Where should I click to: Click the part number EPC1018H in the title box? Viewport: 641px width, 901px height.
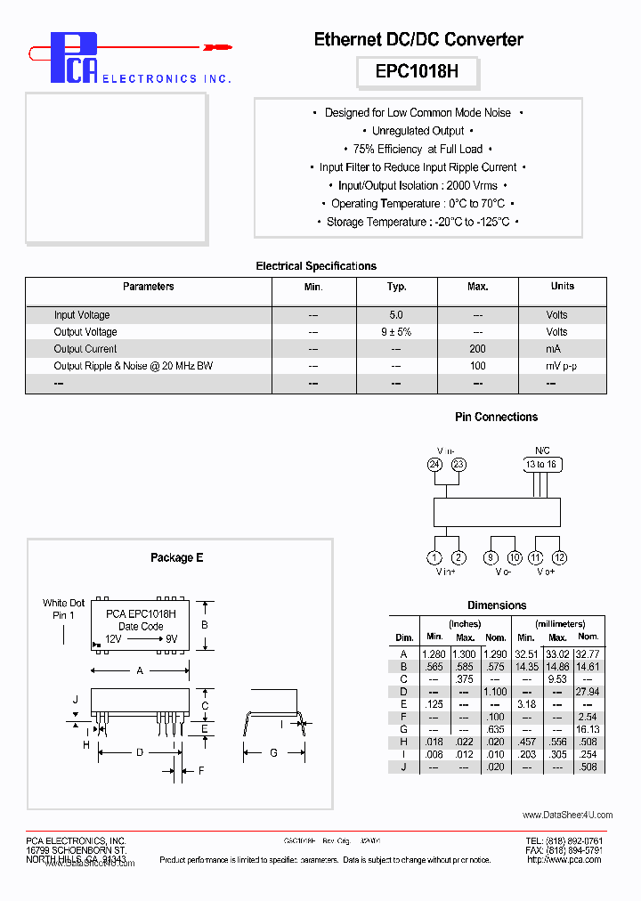click(417, 72)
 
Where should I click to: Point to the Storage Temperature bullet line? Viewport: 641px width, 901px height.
click(418, 223)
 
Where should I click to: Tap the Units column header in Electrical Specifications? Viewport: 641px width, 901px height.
click(562, 287)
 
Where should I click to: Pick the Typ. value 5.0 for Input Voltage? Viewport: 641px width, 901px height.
click(396, 315)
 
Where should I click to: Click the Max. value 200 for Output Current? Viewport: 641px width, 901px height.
click(478, 349)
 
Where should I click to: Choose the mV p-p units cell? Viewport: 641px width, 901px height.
click(562, 366)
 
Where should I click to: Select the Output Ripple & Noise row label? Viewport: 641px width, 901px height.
click(134, 366)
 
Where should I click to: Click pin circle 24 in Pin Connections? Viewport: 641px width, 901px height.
click(434, 464)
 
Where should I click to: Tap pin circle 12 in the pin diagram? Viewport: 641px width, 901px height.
click(559, 558)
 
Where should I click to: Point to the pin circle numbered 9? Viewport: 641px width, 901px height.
click(491, 558)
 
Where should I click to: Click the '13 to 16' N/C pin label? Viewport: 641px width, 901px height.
click(542, 464)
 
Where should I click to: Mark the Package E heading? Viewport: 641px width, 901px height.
click(176, 557)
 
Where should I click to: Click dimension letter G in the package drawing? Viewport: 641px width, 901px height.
click(274, 753)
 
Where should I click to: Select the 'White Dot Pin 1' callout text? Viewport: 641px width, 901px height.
click(63, 609)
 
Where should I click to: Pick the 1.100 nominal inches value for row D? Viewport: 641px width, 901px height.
click(495, 692)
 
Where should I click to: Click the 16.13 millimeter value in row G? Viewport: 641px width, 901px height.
click(588, 729)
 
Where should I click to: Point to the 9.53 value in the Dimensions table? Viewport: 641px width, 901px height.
click(557, 679)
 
